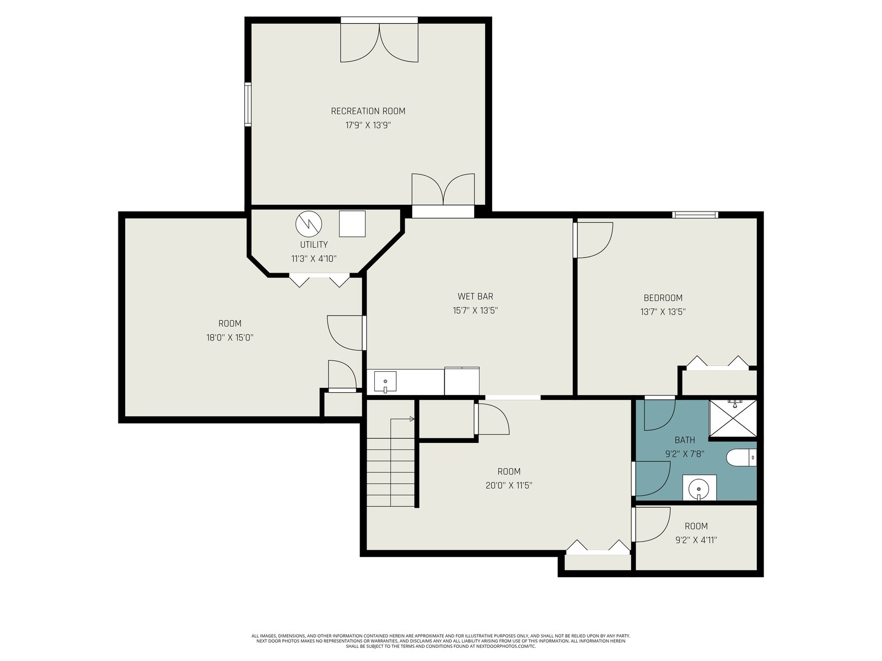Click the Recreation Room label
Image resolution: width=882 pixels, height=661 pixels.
(x=368, y=111)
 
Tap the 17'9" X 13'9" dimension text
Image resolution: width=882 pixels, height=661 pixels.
(x=368, y=125)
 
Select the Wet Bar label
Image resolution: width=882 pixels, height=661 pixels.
(x=475, y=296)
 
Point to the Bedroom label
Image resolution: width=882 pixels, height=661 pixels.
(x=663, y=298)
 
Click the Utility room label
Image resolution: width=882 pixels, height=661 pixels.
(x=314, y=245)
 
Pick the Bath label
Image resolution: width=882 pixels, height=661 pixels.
(x=685, y=440)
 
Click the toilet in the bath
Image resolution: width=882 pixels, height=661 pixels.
(x=741, y=458)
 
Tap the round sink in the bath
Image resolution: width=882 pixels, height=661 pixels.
(x=699, y=489)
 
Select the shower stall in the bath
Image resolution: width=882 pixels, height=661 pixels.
(x=733, y=418)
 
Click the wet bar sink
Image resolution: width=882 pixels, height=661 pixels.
(x=385, y=382)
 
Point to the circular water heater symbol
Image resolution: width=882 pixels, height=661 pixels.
(x=309, y=224)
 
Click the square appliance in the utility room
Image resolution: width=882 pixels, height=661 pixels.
(x=352, y=224)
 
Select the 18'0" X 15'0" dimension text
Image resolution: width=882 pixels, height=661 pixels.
(x=230, y=338)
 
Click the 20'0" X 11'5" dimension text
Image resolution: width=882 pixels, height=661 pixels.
(x=509, y=486)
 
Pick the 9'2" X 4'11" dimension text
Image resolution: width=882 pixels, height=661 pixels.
(x=696, y=540)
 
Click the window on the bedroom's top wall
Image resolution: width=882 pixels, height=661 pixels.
(x=695, y=215)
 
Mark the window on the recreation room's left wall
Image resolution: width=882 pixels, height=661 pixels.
(x=248, y=104)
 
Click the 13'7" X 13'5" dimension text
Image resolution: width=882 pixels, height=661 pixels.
(x=663, y=312)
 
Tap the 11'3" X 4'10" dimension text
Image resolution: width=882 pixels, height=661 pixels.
(x=314, y=259)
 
